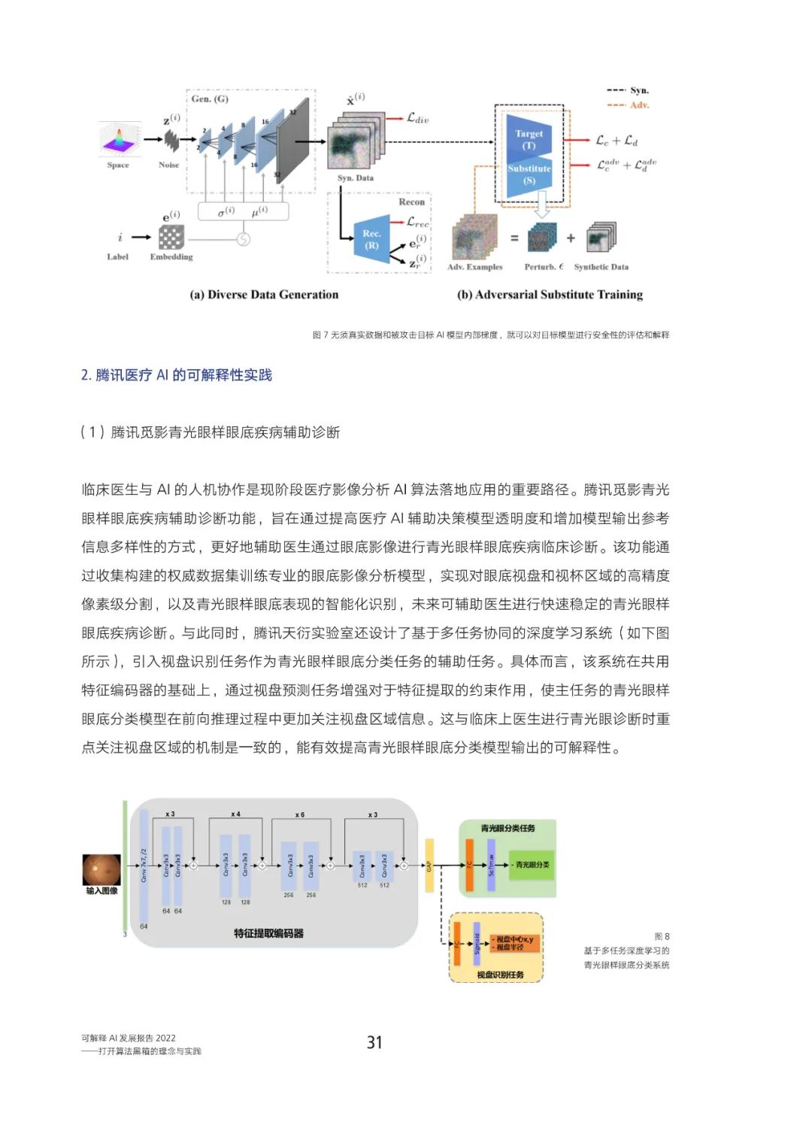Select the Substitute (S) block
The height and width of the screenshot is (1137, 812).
[x=529, y=175]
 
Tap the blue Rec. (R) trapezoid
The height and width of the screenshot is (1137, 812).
[x=371, y=240]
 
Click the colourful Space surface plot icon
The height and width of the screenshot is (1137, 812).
[x=119, y=139]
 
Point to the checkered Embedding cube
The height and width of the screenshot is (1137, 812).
[x=171, y=238]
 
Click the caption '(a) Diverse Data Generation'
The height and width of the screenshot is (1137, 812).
[x=264, y=295]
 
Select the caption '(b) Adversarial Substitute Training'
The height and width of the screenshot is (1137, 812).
[x=550, y=295]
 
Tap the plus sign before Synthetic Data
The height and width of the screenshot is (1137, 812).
[x=571, y=238]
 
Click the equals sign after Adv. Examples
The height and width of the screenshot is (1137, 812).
[x=514, y=238]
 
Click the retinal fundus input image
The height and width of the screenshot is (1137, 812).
[x=101, y=870]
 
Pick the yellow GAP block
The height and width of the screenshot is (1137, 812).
[x=429, y=866]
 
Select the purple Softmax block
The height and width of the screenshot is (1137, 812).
[x=491, y=865]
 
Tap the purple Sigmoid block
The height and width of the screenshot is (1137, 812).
[x=477, y=943]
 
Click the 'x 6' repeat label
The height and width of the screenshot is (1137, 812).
[x=299, y=814]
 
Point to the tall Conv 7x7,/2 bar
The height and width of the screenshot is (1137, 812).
[x=144, y=865]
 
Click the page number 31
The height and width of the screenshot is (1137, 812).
[x=374, y=1042]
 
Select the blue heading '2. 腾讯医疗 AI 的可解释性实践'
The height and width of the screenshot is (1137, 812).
[x=177, y=375]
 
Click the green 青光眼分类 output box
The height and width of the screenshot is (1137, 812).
[x=532, y=865]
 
